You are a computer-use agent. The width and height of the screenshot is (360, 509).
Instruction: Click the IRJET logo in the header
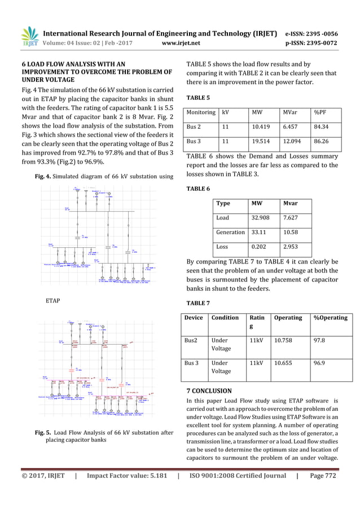[28, 37]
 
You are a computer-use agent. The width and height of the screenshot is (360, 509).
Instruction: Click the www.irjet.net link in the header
[178, 41]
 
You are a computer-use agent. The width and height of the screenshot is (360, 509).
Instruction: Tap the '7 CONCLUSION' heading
[209, 390]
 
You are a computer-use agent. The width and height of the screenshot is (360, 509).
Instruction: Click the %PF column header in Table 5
[321, 112]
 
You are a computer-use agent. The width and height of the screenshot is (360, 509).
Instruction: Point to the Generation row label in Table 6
[230, 232]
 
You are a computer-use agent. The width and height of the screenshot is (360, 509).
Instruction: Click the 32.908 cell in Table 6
[260, 217]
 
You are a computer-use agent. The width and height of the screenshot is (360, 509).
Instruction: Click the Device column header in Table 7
[193, 318]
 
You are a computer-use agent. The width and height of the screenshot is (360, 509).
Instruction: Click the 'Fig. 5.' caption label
[43, 433]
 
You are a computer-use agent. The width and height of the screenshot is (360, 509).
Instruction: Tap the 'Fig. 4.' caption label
[45, 177]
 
